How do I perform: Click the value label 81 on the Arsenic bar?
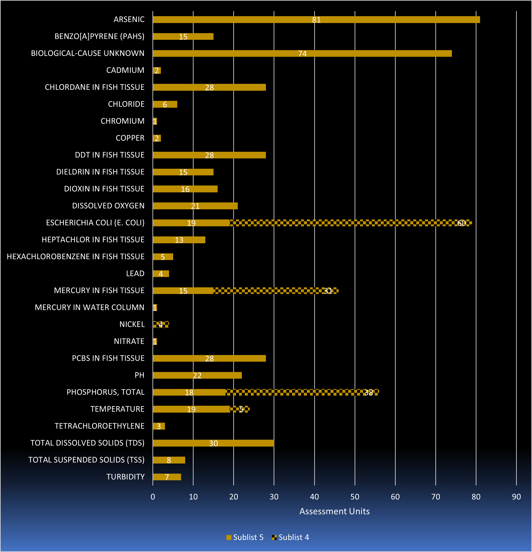tap(316, 20)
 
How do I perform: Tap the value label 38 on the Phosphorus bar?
tap(369, 392)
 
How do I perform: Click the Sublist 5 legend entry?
tap(245, 537)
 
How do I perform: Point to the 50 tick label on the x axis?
tap(355, 497)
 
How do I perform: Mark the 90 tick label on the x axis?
tap(516, 497)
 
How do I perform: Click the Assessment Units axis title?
tap(334, 511)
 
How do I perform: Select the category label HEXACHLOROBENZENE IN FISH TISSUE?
tap(75, 256)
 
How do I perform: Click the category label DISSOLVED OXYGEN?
tap(108, 206)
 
